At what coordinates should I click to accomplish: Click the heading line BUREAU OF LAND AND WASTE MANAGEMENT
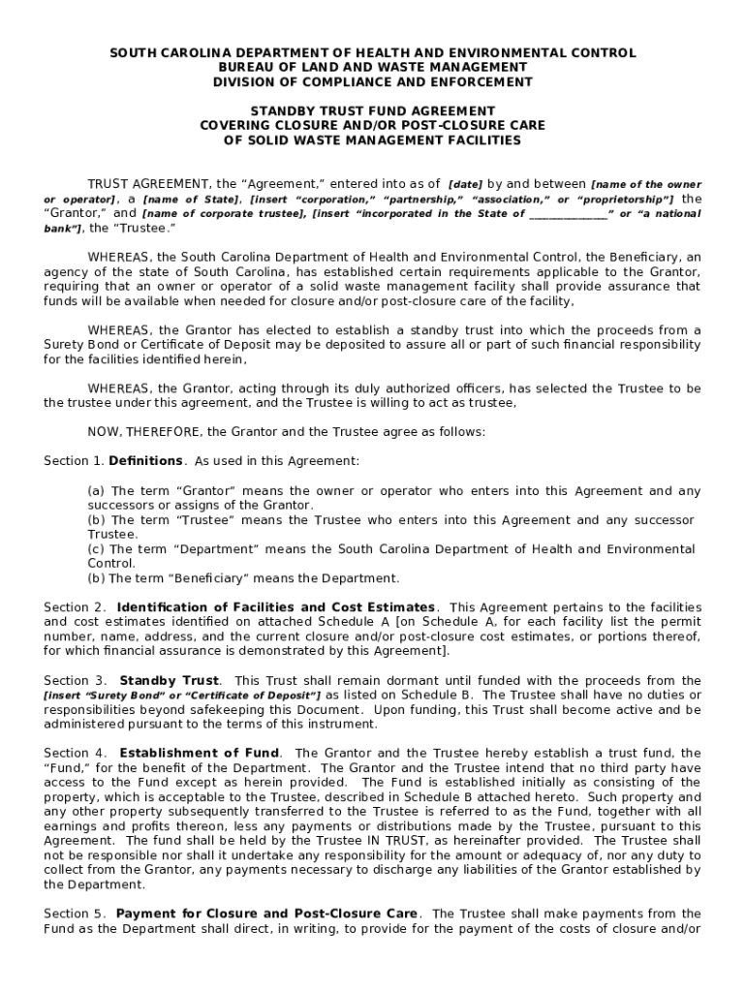pos(373,67)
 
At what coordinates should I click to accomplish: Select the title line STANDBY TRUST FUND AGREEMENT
pos(373,111)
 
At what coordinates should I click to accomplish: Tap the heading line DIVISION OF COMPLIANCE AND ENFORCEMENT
pos(373,81)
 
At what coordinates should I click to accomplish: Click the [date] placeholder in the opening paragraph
pos(465,184)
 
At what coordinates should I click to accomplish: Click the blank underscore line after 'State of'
pos(568,213)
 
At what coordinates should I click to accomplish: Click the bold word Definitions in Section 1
pos(145,461)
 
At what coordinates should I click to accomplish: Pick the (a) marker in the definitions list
pos(97,491)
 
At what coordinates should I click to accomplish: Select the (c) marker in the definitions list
pos(97,549)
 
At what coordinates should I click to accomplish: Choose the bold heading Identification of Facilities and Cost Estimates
pos(276,607)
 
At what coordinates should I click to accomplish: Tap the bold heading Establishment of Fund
pos(200,753)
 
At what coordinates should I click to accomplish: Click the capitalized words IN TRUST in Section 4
pos(414,840)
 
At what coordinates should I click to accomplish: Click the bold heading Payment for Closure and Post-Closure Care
pos(267,914)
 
